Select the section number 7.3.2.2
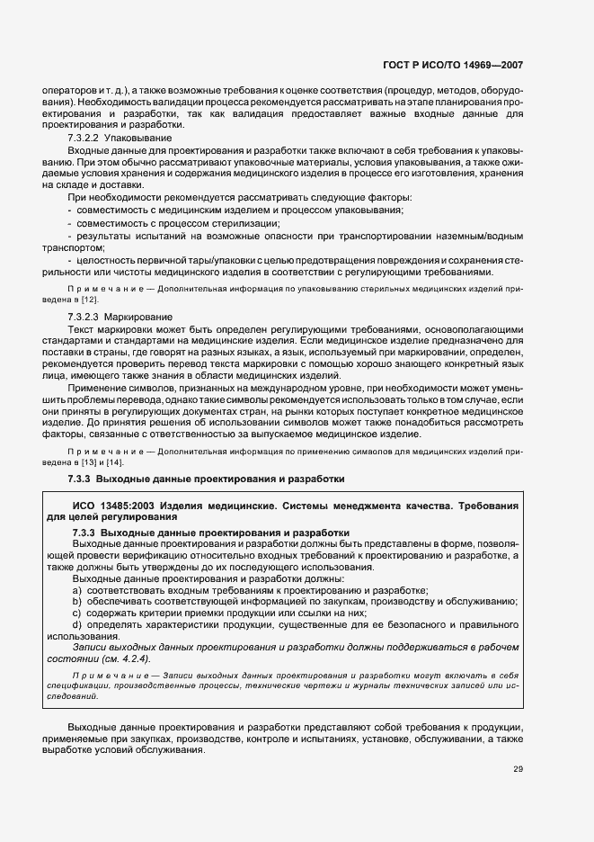click(x=84, y=139)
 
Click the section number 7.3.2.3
click(x=84, y=318)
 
